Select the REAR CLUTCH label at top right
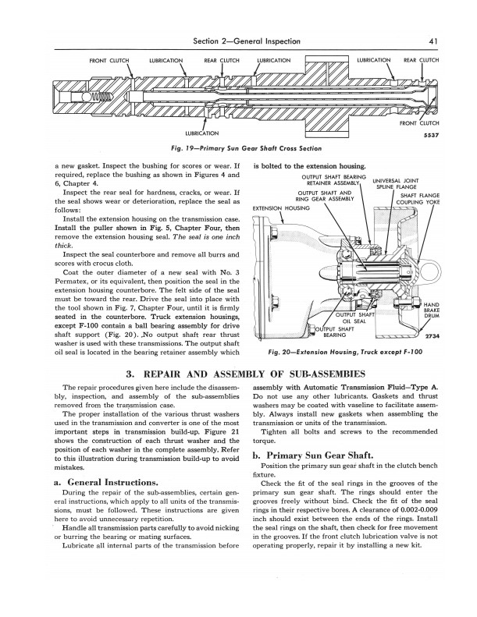click(x=420, y=59)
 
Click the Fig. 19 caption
click(x=237, y=148)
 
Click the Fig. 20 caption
click(x=346, y=352)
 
